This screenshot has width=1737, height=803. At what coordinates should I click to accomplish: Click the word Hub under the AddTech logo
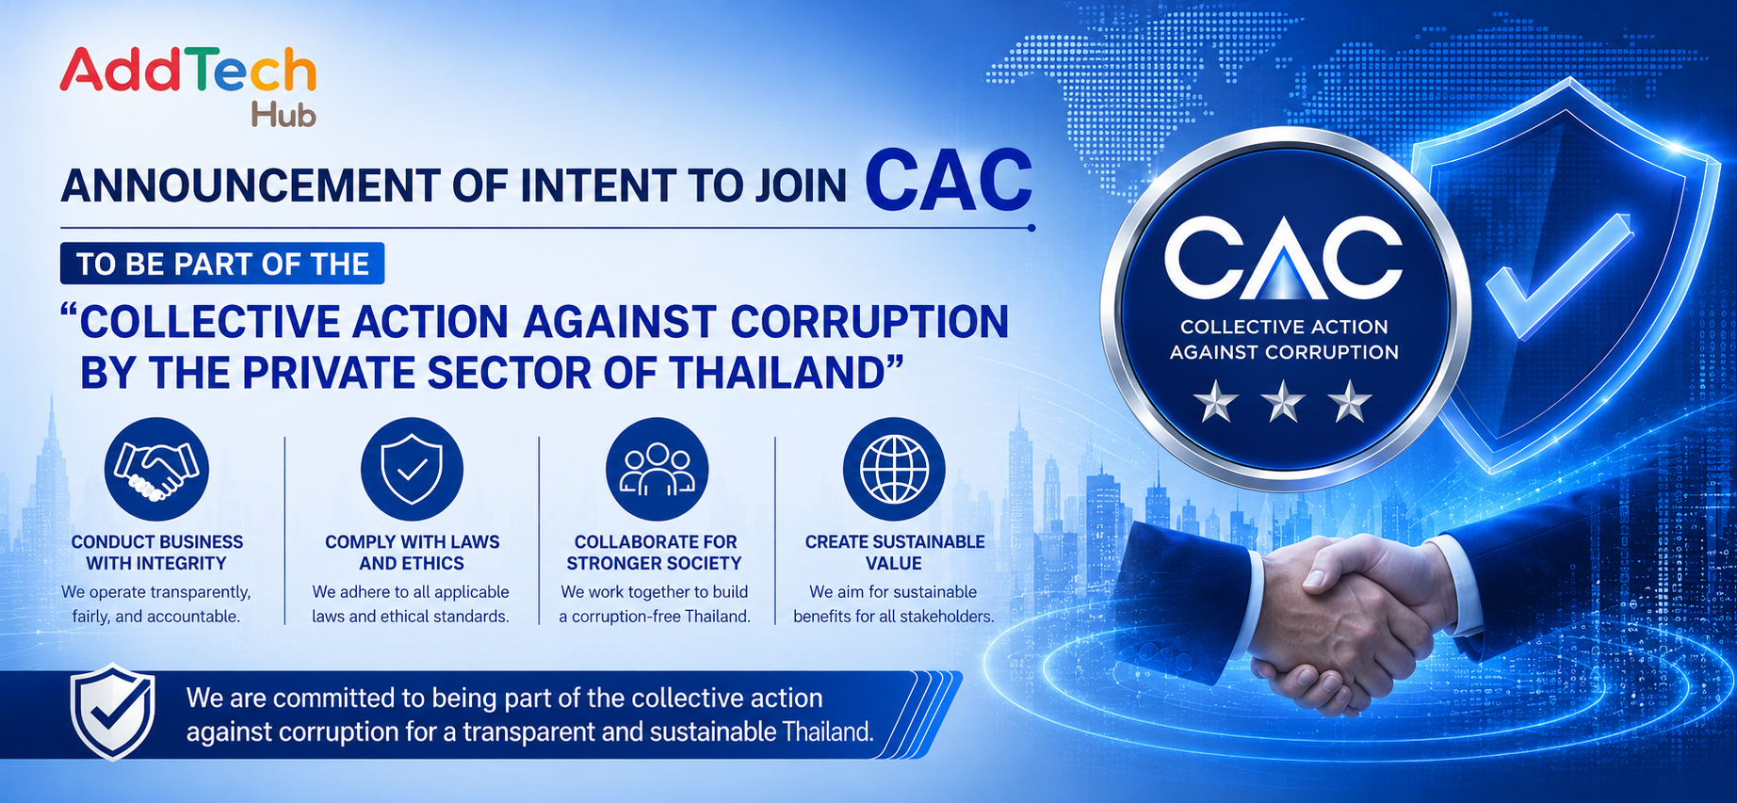point(284,115)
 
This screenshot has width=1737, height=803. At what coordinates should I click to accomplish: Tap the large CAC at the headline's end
point(949,180)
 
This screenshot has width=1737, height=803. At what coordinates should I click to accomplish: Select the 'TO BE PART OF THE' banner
point(222,264)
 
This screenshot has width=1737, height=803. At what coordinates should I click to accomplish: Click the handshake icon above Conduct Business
point(156,469)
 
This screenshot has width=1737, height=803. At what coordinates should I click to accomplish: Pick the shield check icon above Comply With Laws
point(412,469)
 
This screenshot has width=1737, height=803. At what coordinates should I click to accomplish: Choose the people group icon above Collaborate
point(657,469)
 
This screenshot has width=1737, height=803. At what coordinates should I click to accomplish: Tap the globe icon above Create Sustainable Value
point(894,469)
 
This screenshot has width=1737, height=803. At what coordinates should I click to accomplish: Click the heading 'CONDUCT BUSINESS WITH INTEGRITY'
point(157,553)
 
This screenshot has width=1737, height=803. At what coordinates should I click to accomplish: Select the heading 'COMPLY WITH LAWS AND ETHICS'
point(412,553)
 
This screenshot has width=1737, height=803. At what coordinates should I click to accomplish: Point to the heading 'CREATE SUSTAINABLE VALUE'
point(894,553)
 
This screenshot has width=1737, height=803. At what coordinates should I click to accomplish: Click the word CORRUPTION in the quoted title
point(869,322)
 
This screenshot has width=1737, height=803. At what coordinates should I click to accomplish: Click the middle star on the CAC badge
point(1283,403)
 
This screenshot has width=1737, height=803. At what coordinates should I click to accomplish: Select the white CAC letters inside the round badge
point(1283,255)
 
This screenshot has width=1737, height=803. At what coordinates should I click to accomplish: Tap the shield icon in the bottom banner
point(113,712)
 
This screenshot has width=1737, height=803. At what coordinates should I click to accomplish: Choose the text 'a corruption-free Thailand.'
point(655,617)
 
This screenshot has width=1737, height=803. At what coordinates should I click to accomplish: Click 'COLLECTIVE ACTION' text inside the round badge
point(1284,327)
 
